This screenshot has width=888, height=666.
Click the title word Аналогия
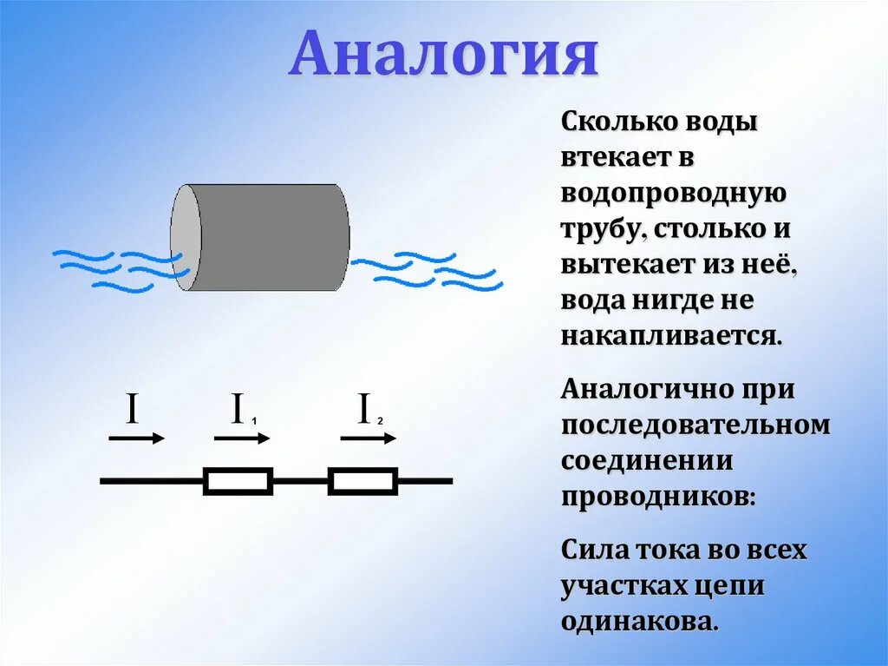click(443, 56)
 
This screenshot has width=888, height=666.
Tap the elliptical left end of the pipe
click(186, 237)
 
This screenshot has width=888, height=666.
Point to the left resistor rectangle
click(238, 481)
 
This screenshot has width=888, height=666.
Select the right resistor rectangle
click(362, 481)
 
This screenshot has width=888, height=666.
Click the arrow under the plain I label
click(136, 439)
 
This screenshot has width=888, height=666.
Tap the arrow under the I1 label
click(242, 439)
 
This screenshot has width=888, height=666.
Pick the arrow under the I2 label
click(368, 439)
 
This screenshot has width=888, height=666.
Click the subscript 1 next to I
click(254, 421)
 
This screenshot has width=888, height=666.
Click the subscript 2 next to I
click(381, 421)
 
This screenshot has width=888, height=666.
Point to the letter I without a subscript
click(133, 409)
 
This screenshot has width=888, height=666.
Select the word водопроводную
click(674, 193)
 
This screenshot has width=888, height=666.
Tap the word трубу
click(601, 230)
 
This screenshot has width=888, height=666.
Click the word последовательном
click(695, 425)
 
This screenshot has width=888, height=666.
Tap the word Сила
click(592, 550)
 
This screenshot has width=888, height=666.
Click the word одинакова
click(640, 622)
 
